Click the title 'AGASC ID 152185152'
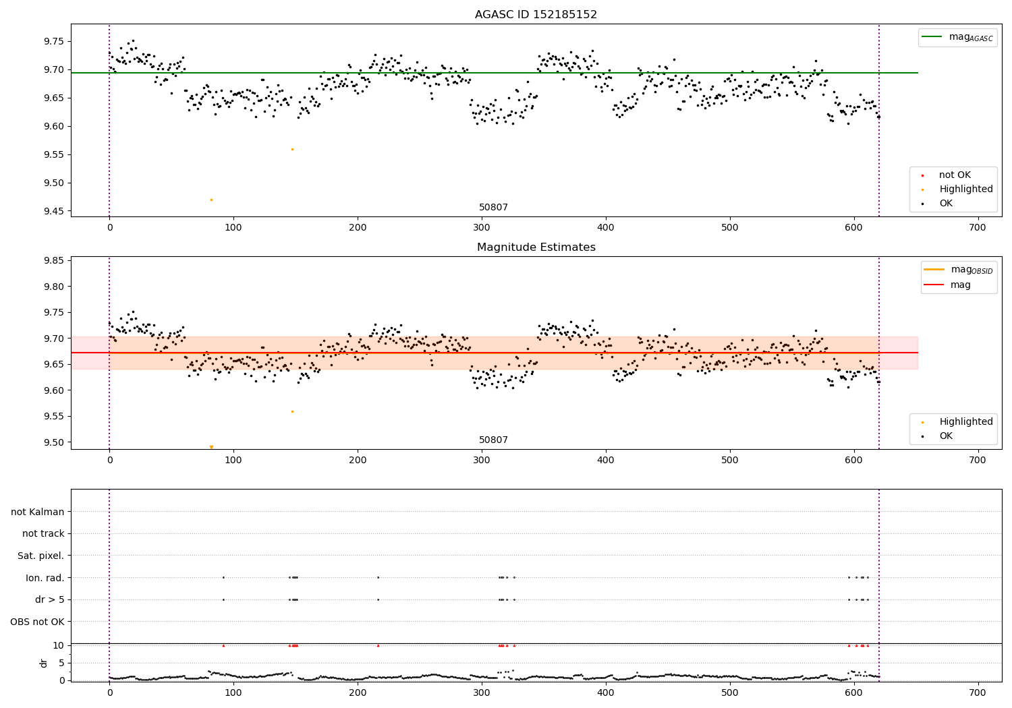536,15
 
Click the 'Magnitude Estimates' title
536,247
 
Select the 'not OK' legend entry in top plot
954,175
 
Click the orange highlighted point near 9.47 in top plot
211,200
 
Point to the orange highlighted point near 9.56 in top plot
292,149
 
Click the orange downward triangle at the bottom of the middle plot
211,447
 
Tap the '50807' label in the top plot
493,208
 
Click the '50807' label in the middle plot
493,440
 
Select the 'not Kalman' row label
38,512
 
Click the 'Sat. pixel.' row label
40,556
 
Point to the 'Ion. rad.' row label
45,578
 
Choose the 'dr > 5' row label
50,599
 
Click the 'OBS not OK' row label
37,622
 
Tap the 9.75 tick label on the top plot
53,41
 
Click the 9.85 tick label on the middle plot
53,260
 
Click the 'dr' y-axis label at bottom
44,663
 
